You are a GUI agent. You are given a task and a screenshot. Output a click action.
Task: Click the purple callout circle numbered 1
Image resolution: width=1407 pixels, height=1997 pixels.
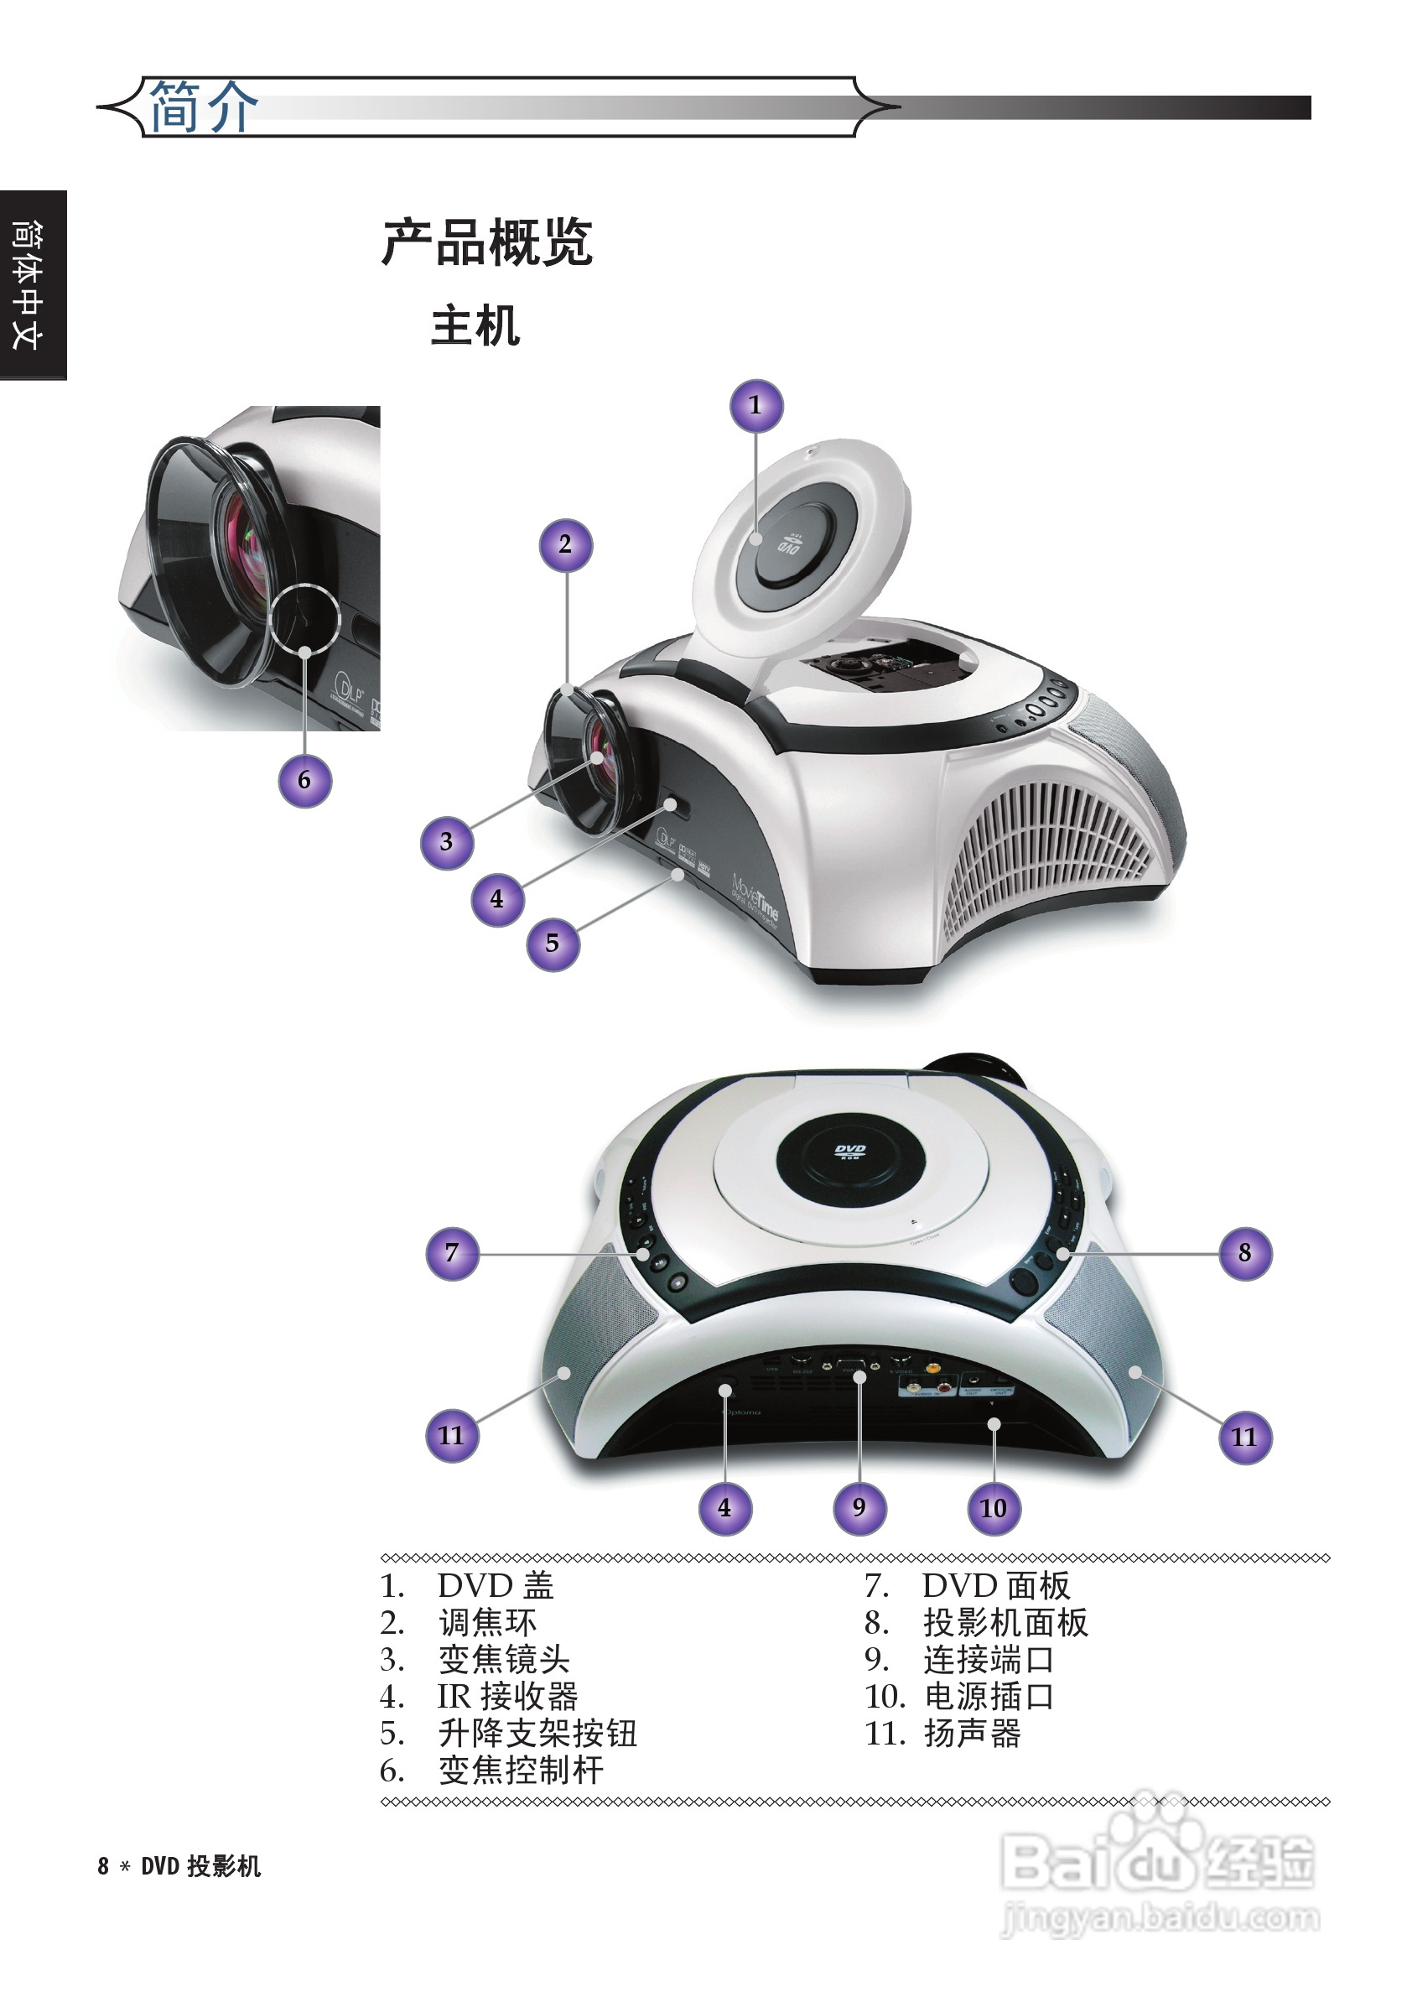755,405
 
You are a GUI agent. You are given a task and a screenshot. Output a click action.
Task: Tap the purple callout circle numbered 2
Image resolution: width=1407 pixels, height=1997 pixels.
565,545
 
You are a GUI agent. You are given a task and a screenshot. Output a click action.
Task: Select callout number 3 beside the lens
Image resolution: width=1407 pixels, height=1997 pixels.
446,842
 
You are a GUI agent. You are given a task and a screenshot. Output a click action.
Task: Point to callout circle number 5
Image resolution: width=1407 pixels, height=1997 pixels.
553,944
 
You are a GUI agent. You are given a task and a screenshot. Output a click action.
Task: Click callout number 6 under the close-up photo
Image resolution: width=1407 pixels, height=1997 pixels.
304,780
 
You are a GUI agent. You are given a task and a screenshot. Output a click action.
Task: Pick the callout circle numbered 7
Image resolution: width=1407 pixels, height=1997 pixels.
452,1253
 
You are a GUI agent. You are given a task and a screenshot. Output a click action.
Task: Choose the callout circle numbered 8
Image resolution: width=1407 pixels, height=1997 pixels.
1244,1253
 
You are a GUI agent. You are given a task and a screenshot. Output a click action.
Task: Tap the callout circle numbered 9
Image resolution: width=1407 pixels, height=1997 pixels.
859,1507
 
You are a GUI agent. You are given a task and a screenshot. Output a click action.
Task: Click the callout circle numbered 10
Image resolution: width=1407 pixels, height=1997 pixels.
993,1507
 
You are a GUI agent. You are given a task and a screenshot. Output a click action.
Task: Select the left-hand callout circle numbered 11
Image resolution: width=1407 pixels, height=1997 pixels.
452,1436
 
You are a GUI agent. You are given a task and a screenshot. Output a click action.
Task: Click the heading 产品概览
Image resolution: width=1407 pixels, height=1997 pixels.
487,242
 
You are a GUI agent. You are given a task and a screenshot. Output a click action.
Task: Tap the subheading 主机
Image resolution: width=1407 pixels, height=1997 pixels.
475,325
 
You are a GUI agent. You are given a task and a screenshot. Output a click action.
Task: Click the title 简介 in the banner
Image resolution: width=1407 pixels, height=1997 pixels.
204,107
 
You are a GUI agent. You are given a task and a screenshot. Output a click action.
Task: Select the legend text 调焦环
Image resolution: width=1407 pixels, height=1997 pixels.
487,1623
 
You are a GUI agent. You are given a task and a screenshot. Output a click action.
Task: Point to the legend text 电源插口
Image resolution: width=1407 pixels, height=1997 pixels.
988,1697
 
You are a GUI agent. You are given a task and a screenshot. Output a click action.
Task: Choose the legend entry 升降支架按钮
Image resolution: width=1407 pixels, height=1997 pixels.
537,1734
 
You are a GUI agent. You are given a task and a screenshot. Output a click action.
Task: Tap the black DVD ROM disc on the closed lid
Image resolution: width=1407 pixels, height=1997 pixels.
849,1153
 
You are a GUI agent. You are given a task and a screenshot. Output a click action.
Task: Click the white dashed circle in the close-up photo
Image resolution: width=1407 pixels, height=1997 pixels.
304,617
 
